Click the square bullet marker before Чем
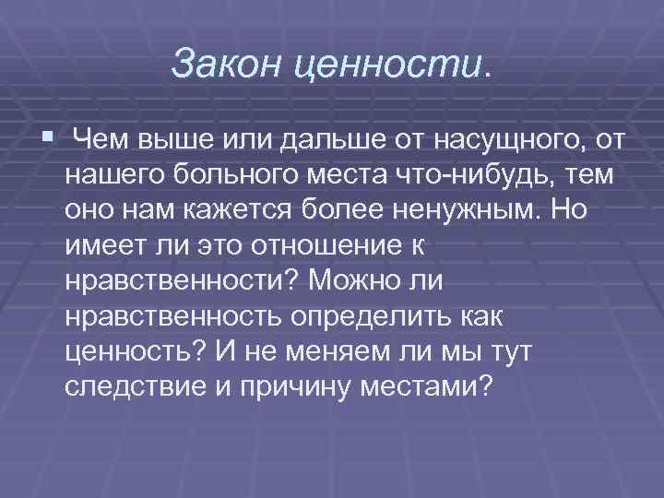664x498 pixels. click(x=48, y=137)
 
